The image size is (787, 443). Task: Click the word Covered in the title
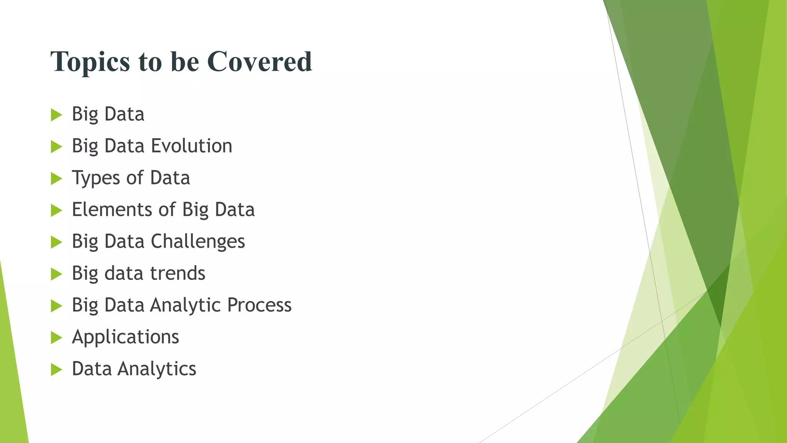click(259, 62)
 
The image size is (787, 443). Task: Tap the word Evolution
click(191, 146)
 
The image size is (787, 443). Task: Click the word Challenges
click(198, 242)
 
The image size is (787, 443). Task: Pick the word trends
click(178, 273)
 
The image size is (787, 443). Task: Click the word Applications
click(125, 337)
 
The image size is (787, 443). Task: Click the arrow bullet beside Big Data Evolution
click(56, 147)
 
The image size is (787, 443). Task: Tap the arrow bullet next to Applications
click(56, 338)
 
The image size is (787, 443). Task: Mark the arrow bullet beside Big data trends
click(56, 274)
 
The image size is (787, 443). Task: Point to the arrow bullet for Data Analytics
click(56, 370)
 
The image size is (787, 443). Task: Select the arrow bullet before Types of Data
click(56, 178)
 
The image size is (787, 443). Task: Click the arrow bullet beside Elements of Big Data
click(56, 210)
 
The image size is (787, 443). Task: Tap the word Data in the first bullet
click(124, 114)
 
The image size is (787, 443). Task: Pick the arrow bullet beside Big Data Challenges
click(56, 242)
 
